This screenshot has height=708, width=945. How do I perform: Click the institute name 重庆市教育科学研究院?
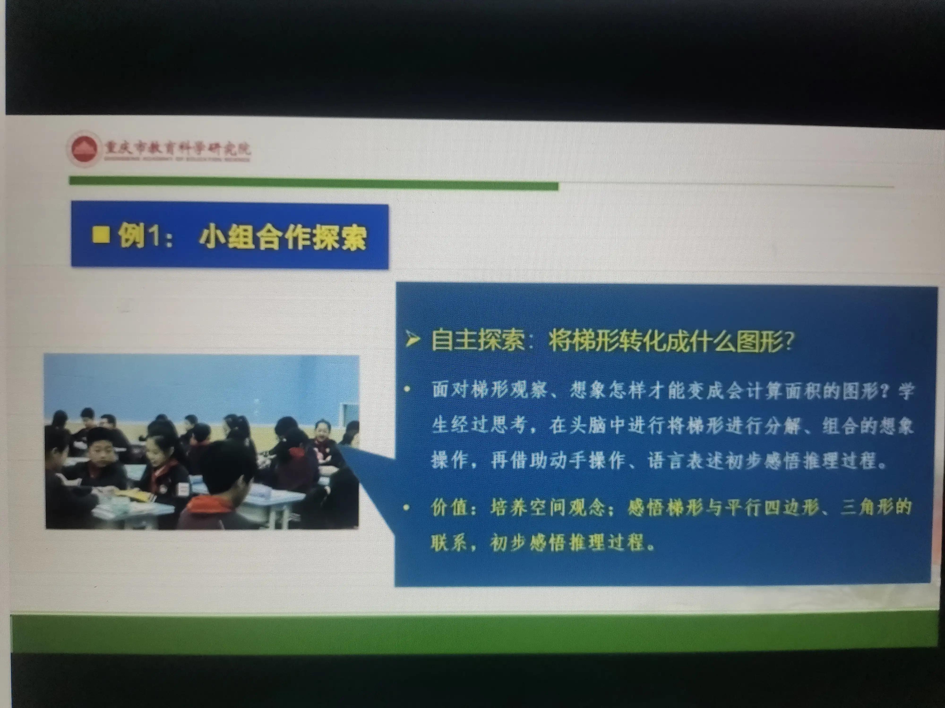tap(177, 148)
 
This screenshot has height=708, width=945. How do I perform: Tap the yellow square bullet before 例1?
tap(101, 235)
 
